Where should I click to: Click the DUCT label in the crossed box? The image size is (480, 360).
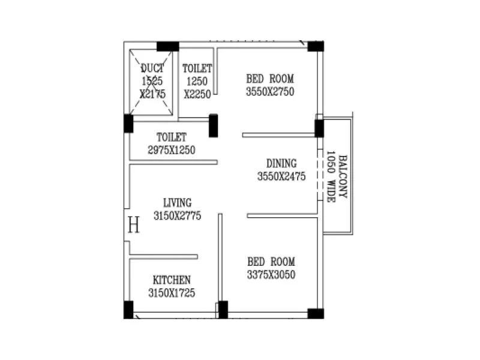point(152,67)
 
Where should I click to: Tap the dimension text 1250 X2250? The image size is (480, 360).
point(197,88)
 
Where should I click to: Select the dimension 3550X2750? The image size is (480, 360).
point(270,92)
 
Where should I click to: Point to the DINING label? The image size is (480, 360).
point(281,163)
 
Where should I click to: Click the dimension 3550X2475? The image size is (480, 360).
point(281,176)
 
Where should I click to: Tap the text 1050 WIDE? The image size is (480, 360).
point(330,176)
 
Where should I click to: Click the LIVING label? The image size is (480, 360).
point(177,202)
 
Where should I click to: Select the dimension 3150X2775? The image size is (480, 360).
point(177,215)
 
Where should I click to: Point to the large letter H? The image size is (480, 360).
point(134,226)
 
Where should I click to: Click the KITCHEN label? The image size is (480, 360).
point(172,280)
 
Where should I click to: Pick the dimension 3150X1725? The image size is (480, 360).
point(172,293)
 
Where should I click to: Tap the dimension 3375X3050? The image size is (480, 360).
point(271,275)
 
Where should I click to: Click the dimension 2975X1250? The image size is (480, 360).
point(172,150)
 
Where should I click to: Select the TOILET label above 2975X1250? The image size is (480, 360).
point(172,137)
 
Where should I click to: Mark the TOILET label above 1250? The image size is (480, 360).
point(197,68)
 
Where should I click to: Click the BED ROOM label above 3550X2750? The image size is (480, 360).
point(270,79)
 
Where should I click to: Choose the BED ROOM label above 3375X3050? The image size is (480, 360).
point(271,262)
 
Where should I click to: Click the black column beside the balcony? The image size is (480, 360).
point(319,128)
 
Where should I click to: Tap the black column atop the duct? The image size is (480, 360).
point(167,46)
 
